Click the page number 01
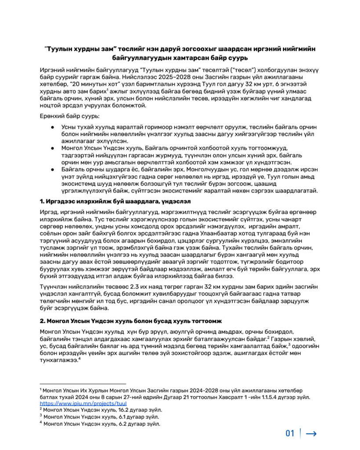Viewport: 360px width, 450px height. [x=290, y=433]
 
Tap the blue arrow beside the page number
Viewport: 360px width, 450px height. [x=311, y=434]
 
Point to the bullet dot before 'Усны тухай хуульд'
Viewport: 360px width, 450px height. [x=51, y=127]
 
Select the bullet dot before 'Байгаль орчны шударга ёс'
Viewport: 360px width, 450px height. [x=51, y=169]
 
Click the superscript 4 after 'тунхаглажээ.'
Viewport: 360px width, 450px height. [x=80, y=359]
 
